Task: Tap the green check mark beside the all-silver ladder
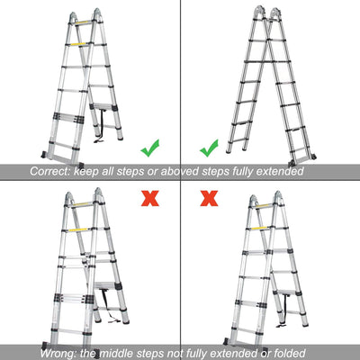pyautogui.click(x=208, y=147)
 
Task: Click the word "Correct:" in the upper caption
pyautogui.click(x=53, y=170)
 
